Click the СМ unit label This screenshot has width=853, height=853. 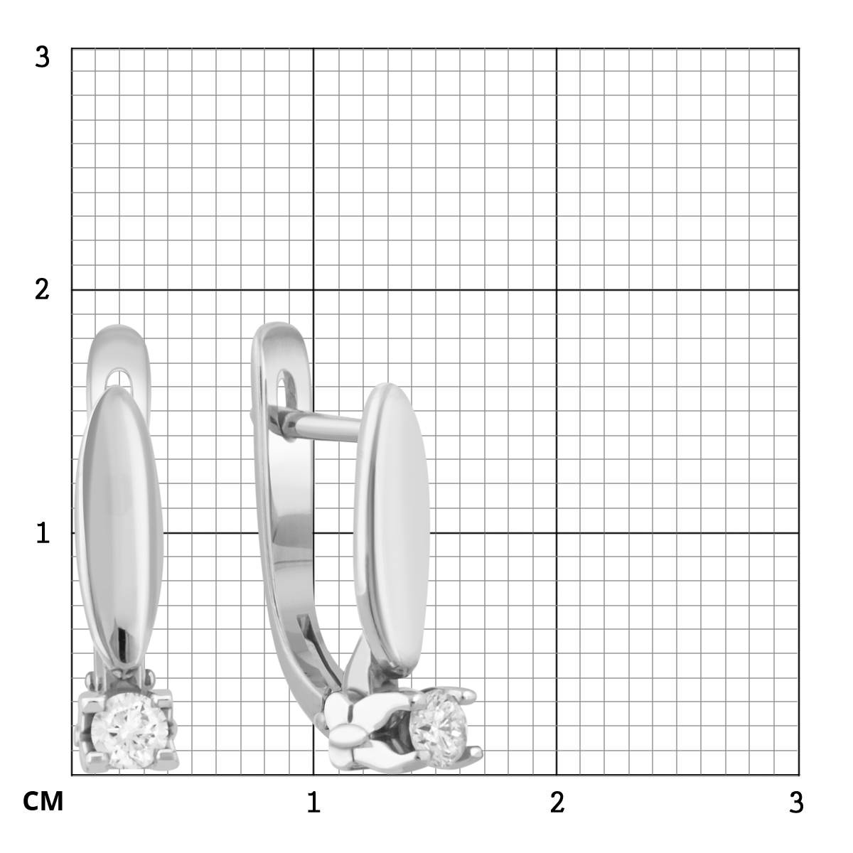43,801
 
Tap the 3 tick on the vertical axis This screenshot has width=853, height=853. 42,57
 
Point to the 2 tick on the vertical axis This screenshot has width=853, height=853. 42,290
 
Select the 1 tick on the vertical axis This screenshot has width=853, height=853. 43,532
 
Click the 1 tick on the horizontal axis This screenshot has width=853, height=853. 313,802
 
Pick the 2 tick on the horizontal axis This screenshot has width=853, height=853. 557,802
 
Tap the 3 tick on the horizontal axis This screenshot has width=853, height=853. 796,802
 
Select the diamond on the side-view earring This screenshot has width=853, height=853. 439,730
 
